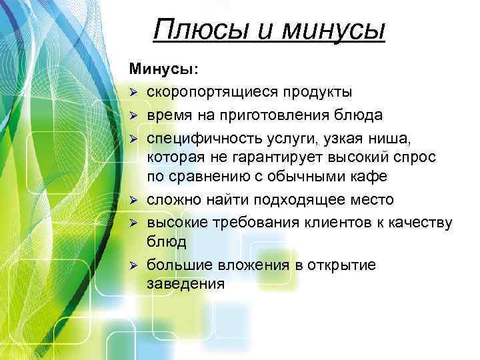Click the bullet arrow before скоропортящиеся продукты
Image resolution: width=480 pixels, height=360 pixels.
[133, 91]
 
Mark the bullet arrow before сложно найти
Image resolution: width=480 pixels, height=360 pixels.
[133, 200]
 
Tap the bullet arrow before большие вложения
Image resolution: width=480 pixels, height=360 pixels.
[133, 266]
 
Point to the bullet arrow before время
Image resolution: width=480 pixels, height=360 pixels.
[133, 115]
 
